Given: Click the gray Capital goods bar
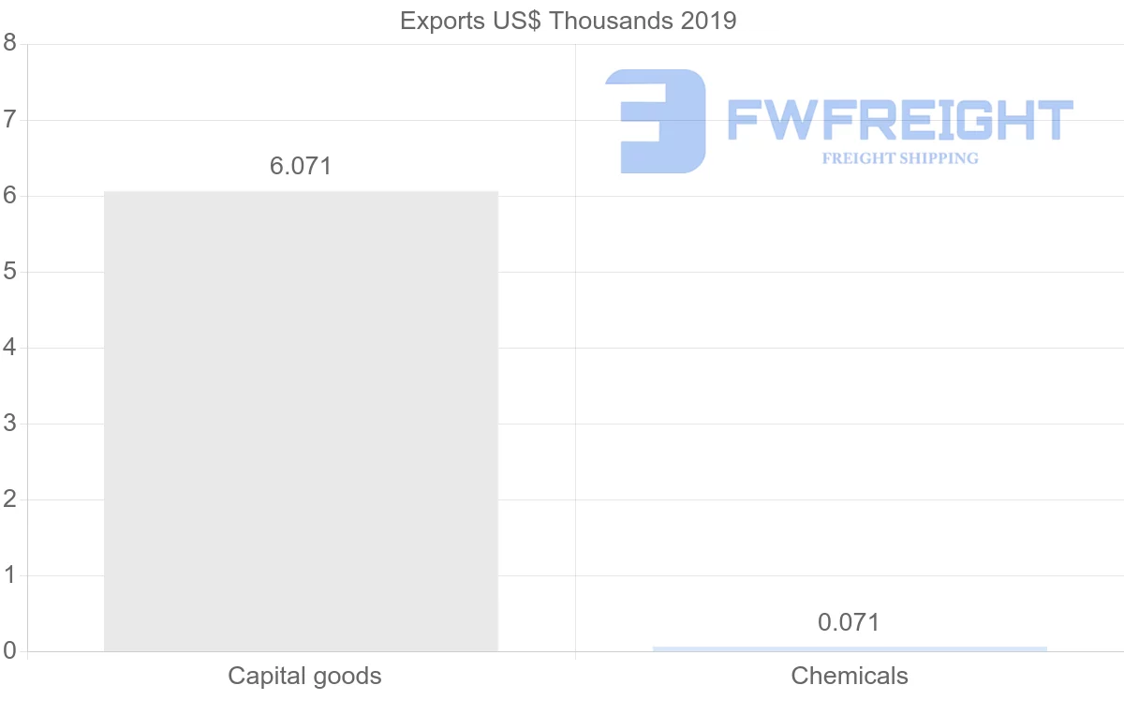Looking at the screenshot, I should [301, 421].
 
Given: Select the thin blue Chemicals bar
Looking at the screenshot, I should [850, 648].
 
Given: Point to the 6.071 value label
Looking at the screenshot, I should [301, 167].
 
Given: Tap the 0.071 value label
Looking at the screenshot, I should [849, 622].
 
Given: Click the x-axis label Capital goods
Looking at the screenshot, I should [304, 677].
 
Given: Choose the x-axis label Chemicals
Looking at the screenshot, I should [850, 677].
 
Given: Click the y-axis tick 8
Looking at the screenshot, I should [9, 43].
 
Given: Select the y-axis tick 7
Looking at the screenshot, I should [9, 120].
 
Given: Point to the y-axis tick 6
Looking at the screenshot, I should [9, 196].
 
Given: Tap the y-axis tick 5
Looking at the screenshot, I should [9, 272].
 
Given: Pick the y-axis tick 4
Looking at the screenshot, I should [9, 348].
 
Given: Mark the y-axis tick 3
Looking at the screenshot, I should [9, 424].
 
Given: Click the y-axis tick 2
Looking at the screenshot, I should [9, 499].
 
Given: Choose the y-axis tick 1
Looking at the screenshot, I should [9, 575].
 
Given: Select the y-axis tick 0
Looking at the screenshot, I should [9, 651].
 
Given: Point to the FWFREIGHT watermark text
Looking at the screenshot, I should [899, 120].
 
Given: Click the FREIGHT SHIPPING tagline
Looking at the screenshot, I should [899, 158].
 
